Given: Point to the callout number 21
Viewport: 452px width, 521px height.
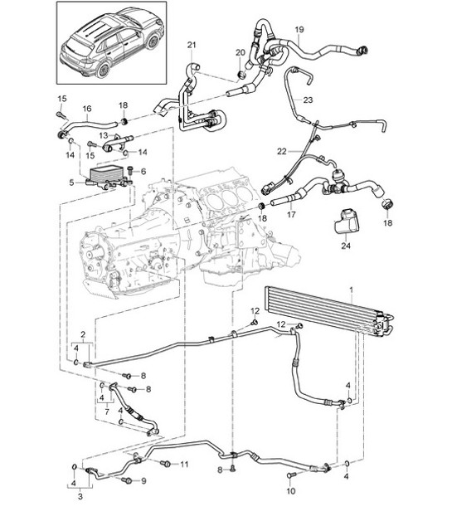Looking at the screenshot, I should tap(192, 44).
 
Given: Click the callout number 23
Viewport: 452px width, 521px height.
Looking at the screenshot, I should tap(309, 100).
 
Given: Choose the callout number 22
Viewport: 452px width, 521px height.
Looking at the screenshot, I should tap(283, 151).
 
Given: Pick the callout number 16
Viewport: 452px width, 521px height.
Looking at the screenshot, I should tap(86, 109).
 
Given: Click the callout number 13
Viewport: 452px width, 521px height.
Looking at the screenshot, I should tap(104, 134).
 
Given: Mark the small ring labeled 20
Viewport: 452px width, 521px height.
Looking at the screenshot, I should tap(241, 75).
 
